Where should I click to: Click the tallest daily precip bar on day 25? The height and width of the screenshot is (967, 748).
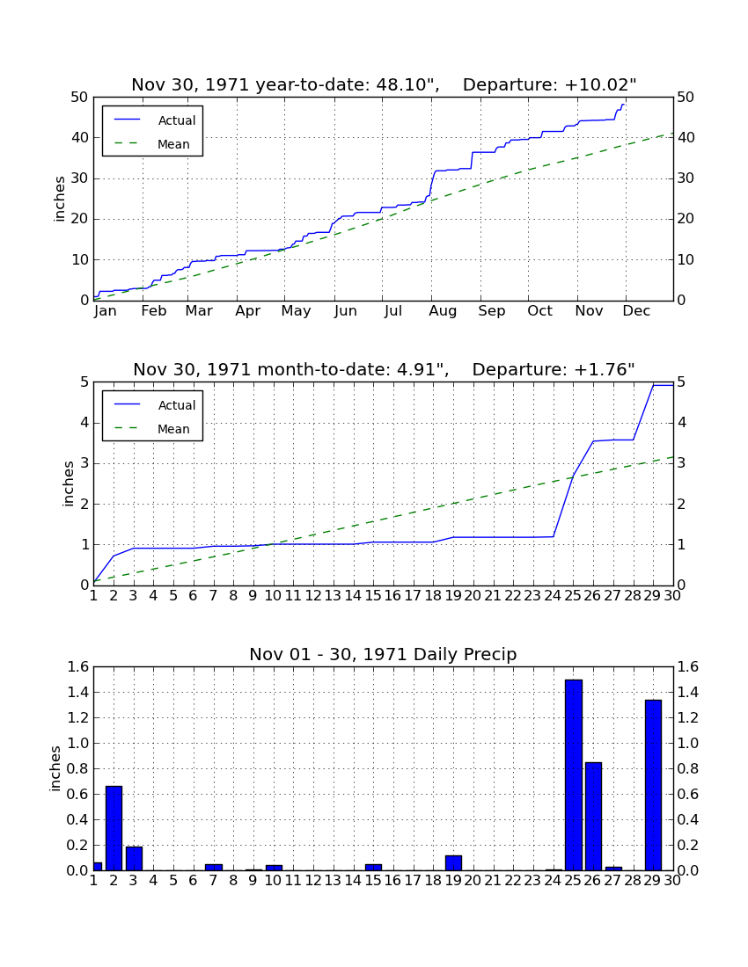[x=574, y=775]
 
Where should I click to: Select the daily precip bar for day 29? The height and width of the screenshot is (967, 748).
[x=653, y=785]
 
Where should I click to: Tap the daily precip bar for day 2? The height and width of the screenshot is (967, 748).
[x=114, y=828]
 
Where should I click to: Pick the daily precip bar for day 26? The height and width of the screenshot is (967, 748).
[x=593, y=817]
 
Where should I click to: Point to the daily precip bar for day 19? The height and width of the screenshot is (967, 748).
[x=453, y=862]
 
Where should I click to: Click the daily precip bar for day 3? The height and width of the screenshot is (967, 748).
[x=134, y=859]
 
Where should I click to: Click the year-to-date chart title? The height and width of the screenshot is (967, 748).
[x=384, y=84]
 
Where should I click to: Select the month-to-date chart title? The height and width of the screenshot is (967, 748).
[x=384, y=369]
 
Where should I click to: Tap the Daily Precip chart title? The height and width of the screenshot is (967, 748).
[x=384, y=654]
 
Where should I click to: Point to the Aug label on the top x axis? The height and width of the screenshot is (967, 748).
[x=443, y=311]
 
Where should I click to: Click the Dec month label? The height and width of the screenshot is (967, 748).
[x=636, y=311]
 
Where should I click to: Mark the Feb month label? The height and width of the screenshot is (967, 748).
[x=154, y=311]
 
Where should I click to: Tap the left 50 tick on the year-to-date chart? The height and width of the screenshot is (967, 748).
[x=80, y=98]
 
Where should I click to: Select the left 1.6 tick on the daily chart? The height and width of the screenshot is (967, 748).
[x=77, y=666]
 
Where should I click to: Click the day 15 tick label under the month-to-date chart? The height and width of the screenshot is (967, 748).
[x=373, y=596]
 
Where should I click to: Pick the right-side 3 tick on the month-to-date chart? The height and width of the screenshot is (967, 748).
[x=681, y=463]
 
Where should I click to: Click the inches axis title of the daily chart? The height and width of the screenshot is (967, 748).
[x=55, y=768]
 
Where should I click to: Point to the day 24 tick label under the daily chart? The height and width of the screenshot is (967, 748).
[x=553, y=881]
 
